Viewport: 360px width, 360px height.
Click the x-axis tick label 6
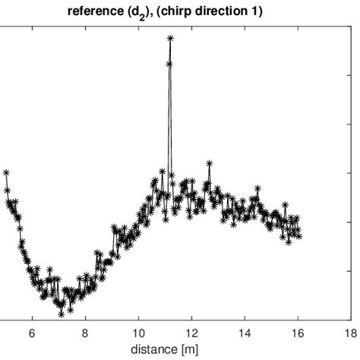tap(32, 333)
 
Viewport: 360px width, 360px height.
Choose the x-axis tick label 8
tap(85, 333)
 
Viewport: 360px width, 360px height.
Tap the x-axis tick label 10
tap(139, 333)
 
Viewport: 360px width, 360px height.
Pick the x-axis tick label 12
tap(192, 333)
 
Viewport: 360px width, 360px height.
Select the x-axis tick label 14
tap(245, 333)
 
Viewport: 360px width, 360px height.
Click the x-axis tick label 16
tap(298, 333)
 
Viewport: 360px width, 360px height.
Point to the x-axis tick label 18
tap(351, 333)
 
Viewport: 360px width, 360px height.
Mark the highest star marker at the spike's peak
tap(170, 37)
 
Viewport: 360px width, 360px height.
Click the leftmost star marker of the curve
tap(6, 172)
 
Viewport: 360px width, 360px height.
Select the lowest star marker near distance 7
tap(61, 313)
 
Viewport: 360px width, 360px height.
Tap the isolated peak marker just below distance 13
tap(209, 163)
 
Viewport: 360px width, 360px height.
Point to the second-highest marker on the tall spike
tap(169, 64)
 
